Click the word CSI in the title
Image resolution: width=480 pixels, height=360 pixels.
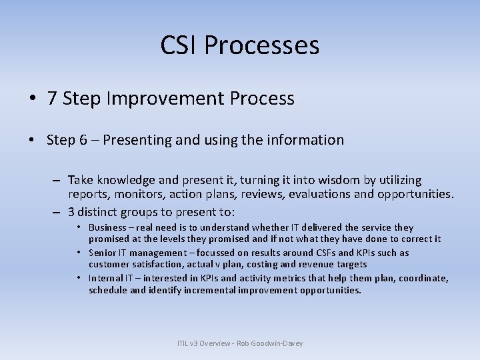click(x=179, y=46)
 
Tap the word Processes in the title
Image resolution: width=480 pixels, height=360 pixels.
click(x=262, y=46)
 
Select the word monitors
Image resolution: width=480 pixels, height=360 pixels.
click(x=137, y=194)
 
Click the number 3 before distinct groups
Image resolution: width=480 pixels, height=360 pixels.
click(x=71, y=213)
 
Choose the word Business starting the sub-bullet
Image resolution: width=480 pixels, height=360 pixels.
click(x=108, y=228)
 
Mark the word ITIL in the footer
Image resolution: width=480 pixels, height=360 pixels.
click(x=184, y=344)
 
